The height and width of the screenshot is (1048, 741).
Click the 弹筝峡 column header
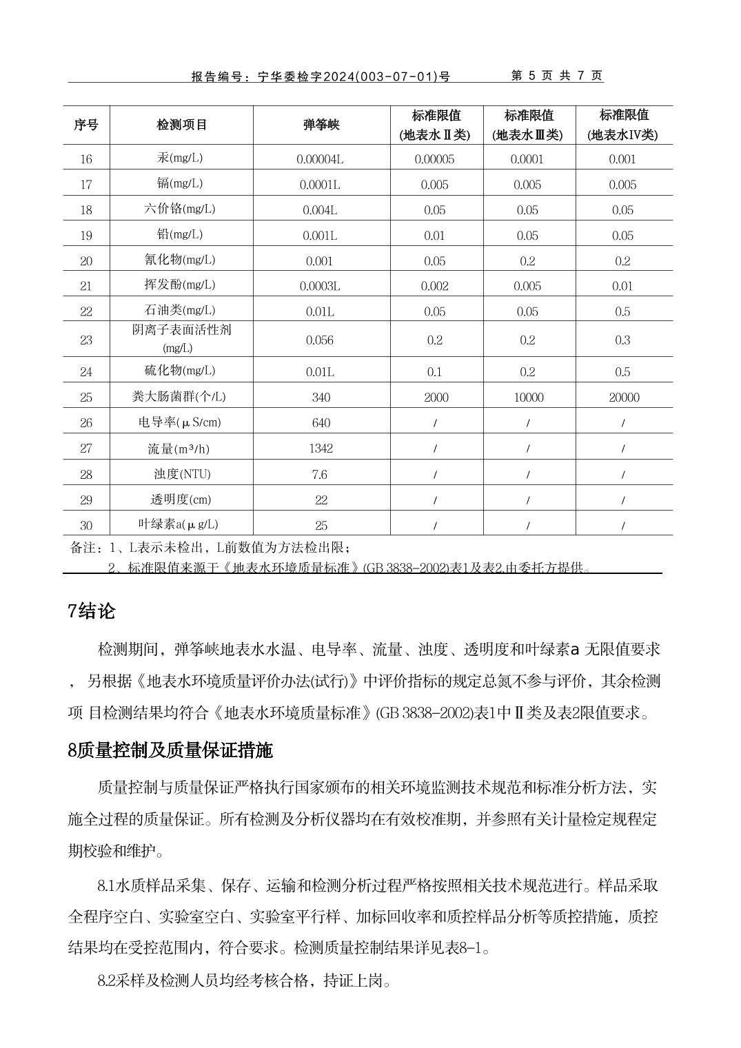click(x=321, y=125)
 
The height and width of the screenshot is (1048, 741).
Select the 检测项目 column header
click(x=181, y=125)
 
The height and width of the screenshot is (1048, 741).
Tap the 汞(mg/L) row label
click(x=180, y=158)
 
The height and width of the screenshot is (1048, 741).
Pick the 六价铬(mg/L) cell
click(x=180, y=209)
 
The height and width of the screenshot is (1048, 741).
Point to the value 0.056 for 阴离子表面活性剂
click(x=321, y=340)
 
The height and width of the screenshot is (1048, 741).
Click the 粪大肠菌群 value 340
click(x=321, y=398)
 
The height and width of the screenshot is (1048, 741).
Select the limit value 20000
click(x=624, y=398)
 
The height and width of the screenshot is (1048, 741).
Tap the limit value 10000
click(x=529, y=398)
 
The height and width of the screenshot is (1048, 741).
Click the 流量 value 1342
click(x=321, y=449)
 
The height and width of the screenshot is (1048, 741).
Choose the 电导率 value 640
click(x=321, y=423)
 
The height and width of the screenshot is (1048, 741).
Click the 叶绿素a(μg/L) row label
click(x=178, y=524)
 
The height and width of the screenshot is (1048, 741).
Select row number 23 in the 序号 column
click(x=86, y=340)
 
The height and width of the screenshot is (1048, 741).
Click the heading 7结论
click(x=92, y=611)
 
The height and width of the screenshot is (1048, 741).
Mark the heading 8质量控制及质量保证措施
click(x=170, y=750)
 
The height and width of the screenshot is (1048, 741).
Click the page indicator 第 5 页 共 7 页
click(x=556, y=76)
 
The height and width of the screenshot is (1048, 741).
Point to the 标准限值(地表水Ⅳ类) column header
click(x=623, y=125)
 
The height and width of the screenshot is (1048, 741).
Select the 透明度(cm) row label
click(x=181, y=500)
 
